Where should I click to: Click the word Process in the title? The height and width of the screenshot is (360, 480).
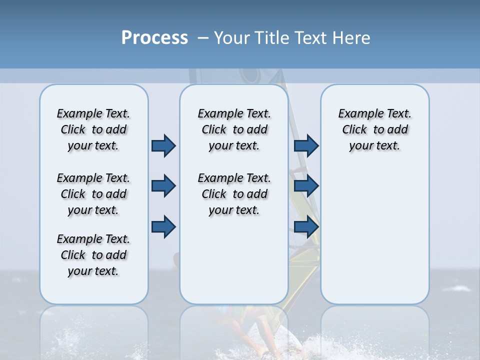(154, 38)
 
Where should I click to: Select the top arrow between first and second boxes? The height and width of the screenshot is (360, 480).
(163, 145)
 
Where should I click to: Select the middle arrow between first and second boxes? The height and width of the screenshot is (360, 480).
(163, 186)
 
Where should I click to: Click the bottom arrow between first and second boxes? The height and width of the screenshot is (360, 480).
(163, 226)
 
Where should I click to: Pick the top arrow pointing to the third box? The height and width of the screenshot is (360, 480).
(306, 145)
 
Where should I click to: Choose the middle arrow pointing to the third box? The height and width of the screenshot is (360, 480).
(306, 186)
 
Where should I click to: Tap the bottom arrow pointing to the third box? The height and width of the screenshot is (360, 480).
(306, 226)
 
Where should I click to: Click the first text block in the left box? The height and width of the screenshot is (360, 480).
(93, 129)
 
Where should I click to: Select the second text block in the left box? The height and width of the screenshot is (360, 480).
(93, 194)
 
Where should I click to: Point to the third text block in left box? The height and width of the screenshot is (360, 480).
(93, 255)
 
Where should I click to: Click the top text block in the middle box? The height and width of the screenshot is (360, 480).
(234, 129)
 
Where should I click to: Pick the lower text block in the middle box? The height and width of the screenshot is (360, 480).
(234, 194)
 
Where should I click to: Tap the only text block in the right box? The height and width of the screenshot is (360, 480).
(374, 129)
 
